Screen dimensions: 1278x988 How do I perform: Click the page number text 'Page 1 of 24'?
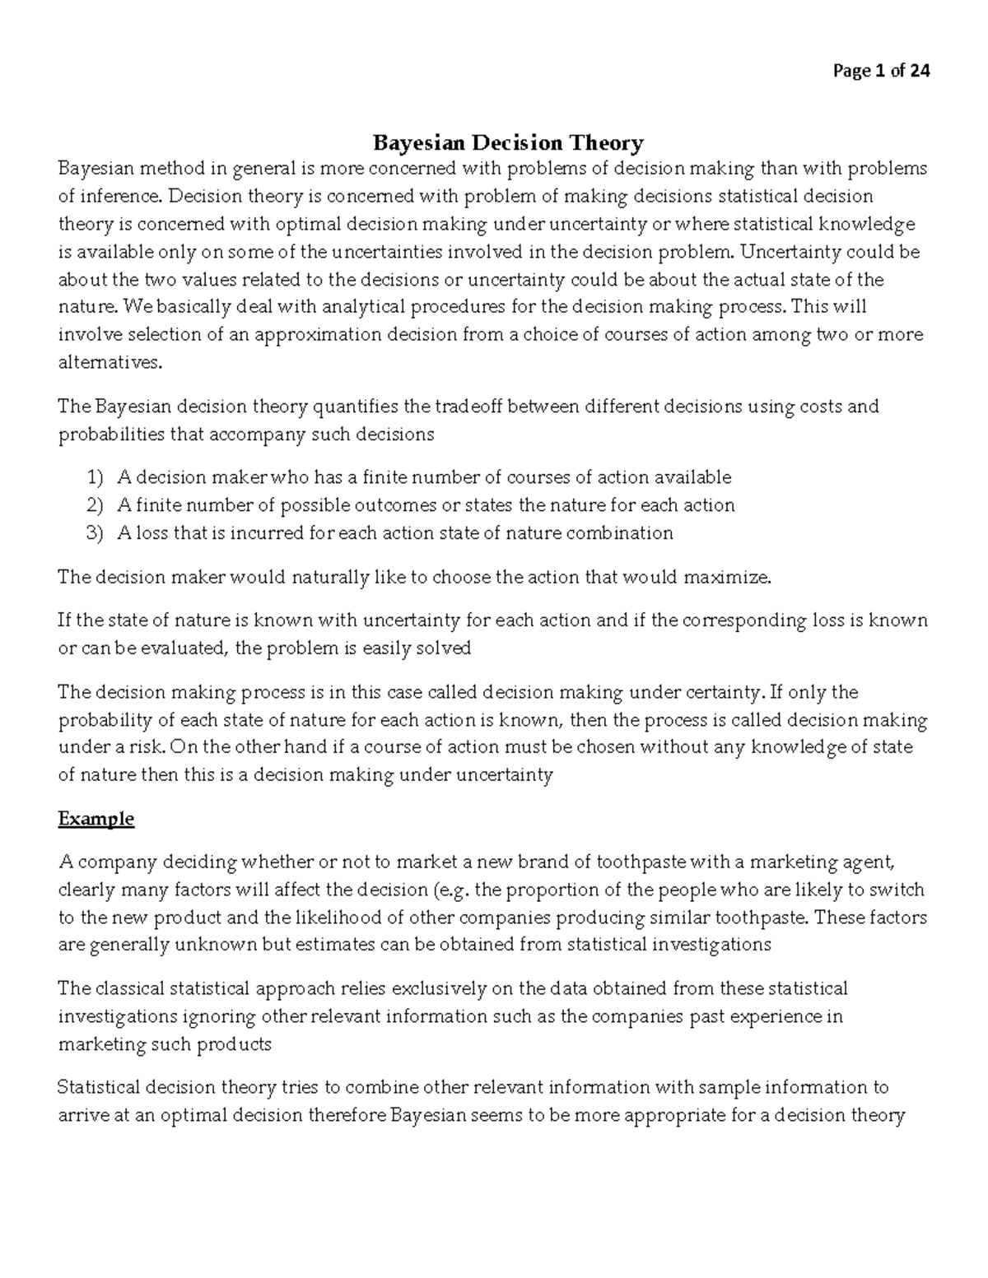[x=881, y=72]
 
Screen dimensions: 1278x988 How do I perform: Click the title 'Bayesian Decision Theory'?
[x=508, y=143]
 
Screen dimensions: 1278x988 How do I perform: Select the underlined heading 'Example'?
[x=96, y=820]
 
